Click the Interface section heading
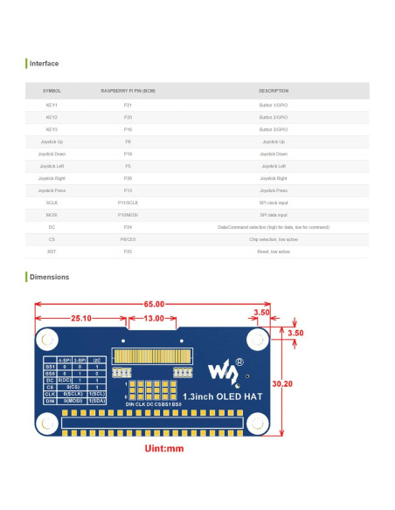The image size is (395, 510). tap(45, 64)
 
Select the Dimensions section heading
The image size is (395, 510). tap(49, 277)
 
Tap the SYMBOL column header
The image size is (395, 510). tap(52, 91)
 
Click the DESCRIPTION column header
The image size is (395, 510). tap(273, 91)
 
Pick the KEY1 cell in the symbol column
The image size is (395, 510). tap(52, 105)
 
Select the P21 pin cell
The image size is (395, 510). tap(128, 105)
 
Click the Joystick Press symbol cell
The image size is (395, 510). tap(52, 190)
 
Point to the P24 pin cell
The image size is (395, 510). tap(128, 226)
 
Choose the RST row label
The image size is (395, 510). tap(52, 251)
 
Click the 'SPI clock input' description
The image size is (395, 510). tap(273, 202)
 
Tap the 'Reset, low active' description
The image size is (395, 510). tap(273, 251)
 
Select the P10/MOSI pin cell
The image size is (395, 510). tap(128, 214)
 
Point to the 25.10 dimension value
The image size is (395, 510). tap(80, 318)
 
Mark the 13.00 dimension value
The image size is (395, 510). tap(153, 318)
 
